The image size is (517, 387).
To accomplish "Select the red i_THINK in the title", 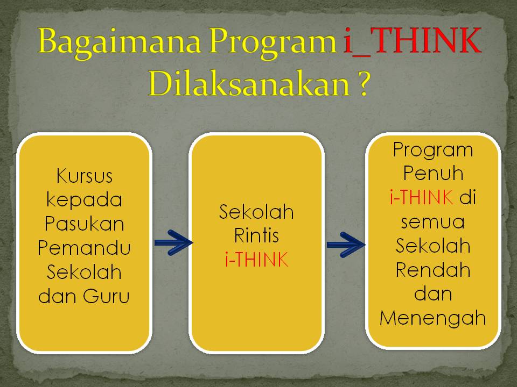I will tap(412, 42).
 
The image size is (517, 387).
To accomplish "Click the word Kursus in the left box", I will tap(84, 176).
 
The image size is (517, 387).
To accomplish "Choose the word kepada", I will tap(84, 200).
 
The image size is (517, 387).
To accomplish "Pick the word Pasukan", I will tap(84, 224).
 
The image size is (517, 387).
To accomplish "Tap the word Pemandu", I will tap(84, 248).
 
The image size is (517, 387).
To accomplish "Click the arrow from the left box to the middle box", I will tap(173, 242).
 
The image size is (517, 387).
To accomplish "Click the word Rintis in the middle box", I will tap(256, 236).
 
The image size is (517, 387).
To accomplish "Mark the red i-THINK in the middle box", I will tap(256, 260).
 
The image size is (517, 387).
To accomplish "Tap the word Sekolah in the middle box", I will tap(256, 212).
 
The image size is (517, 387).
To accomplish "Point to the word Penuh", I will tap(433, 174).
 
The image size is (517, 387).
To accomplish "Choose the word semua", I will tap(433, 221).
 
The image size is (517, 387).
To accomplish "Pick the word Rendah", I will tap(433, 270).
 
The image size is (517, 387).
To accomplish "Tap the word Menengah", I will tap(433, 318).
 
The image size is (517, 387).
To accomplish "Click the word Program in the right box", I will tap(433, 149).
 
